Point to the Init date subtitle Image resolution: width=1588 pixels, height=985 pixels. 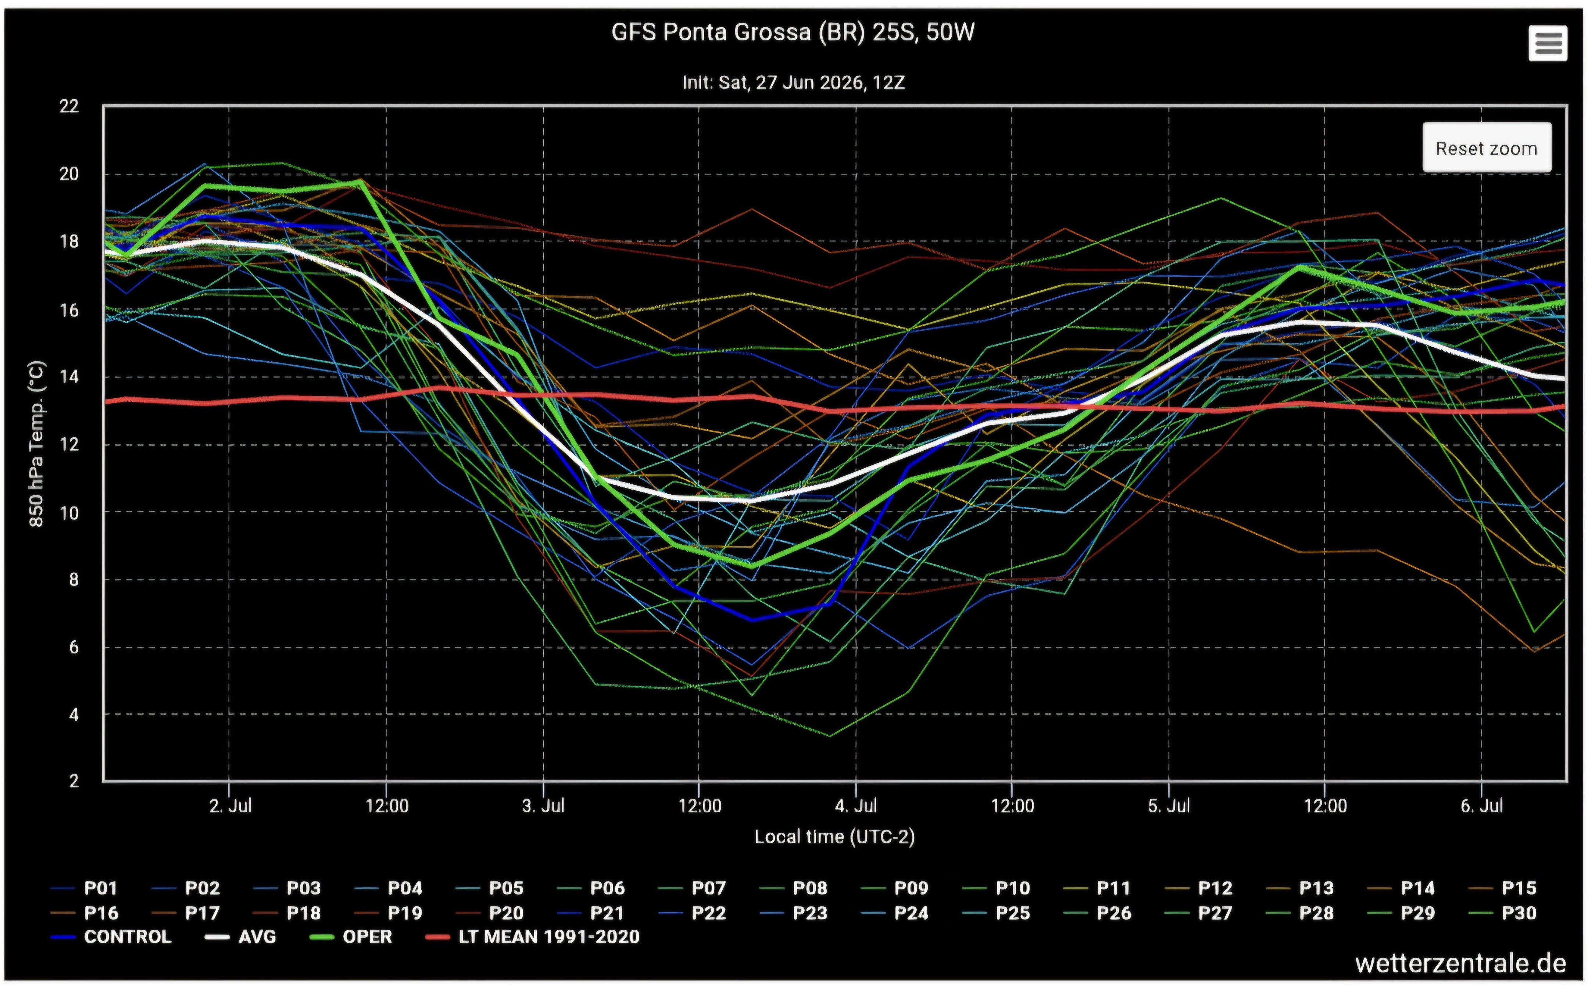pyautogui.click(x=793, y=83)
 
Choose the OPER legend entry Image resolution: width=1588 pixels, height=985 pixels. pyautogui.click(x=350, y=937)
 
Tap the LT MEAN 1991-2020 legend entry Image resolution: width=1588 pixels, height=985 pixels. pyautogui.click(x=532, y=937)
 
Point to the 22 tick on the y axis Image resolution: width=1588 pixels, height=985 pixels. pyautogui.click(x=69, y=106)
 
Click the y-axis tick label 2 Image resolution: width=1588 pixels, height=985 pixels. pyautogui.click(x=74, y=780)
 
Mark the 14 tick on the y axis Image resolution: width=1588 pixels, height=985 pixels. pyautogui.click(x=69, y=376)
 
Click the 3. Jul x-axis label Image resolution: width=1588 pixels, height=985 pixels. pyautogui.click(x=543, y=806)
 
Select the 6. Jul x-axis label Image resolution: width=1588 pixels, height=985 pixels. pyautogui.click(x=1482, y=806)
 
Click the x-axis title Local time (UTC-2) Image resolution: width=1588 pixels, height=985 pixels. pyautogui.click(x=834, y=837)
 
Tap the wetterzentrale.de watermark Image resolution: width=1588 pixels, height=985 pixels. pyautogui.click(x=1461, y=963)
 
